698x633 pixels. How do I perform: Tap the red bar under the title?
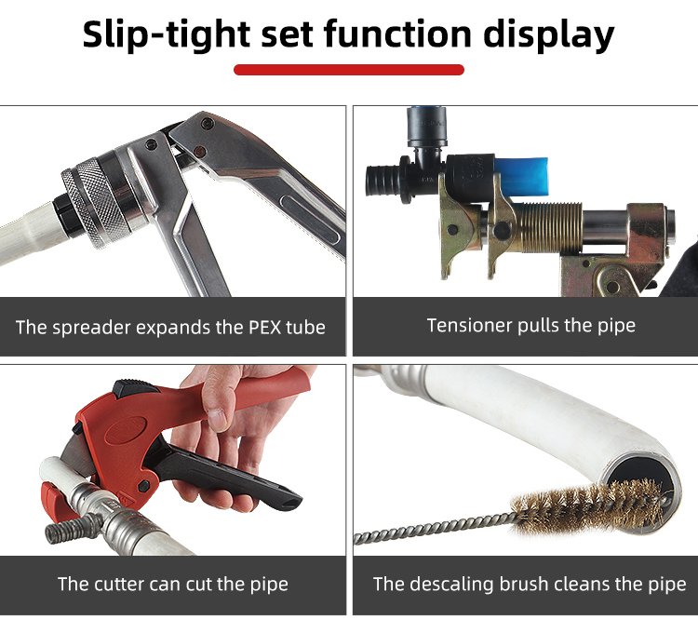coord(349,70)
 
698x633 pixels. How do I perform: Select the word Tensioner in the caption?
coord(469,326)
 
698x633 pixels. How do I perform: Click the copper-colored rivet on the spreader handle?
coord(200,151)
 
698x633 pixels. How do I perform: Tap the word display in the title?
coord(548,35)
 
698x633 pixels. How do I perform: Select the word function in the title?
coord(397,34)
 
